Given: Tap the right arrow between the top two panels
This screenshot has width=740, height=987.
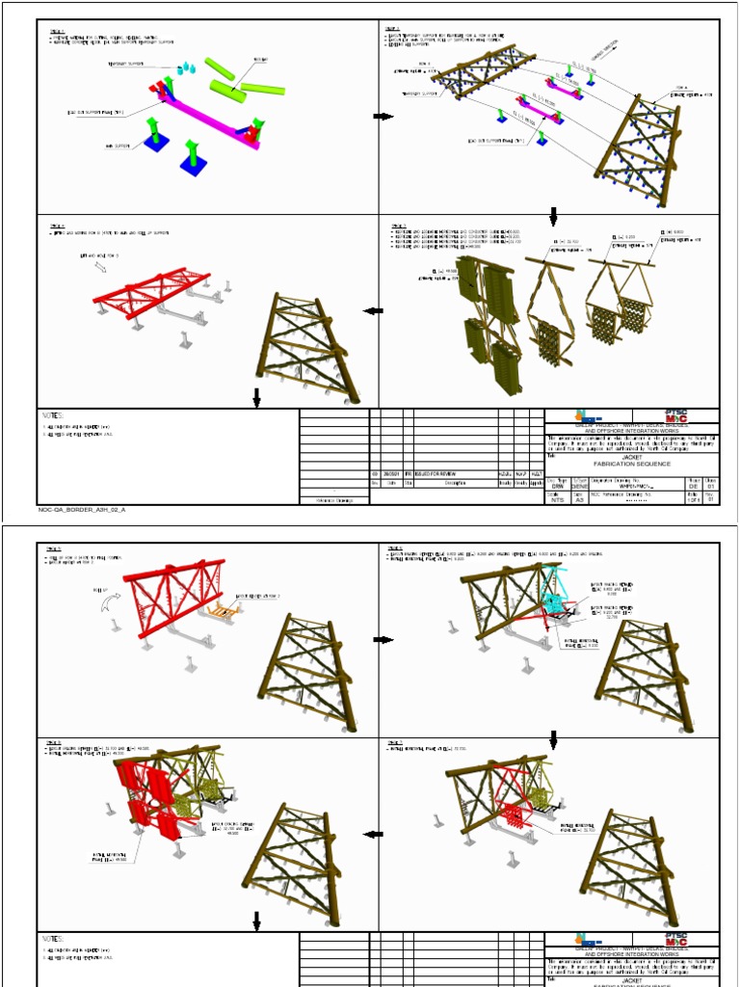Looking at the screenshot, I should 383,117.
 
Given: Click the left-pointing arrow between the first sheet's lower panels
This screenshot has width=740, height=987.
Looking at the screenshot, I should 372,310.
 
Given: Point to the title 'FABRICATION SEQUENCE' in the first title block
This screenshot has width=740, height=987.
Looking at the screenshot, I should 631,465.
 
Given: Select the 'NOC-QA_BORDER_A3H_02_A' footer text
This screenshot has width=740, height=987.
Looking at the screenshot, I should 82,509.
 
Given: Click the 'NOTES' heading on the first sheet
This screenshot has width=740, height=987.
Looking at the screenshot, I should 52,415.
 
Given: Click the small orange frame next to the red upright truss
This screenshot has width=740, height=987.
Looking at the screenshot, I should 226,608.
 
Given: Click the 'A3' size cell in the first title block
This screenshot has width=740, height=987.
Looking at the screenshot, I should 579,500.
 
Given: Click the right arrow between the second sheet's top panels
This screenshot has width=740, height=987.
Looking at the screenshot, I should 383,640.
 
